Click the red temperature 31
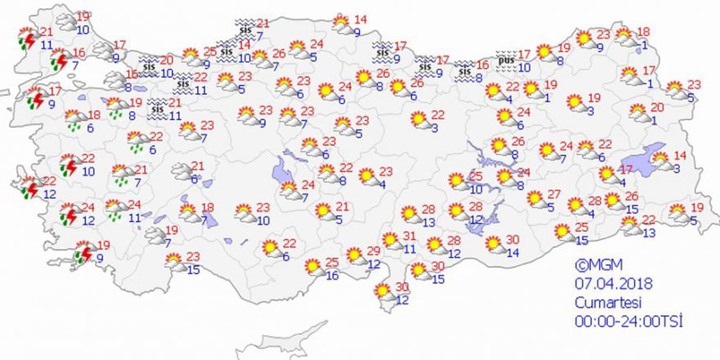[x=410, y=236]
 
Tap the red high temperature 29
[x=373, y=250]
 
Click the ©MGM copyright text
[x=593, y=265]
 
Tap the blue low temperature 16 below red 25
[x=332, y=276]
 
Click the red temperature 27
[x=553, y=195]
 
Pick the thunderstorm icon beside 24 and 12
[x=69, y=216]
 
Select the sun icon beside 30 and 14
[x=493, y=245]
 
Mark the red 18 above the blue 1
[x=644, y=31]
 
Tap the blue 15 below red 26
[x=632, y=209]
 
